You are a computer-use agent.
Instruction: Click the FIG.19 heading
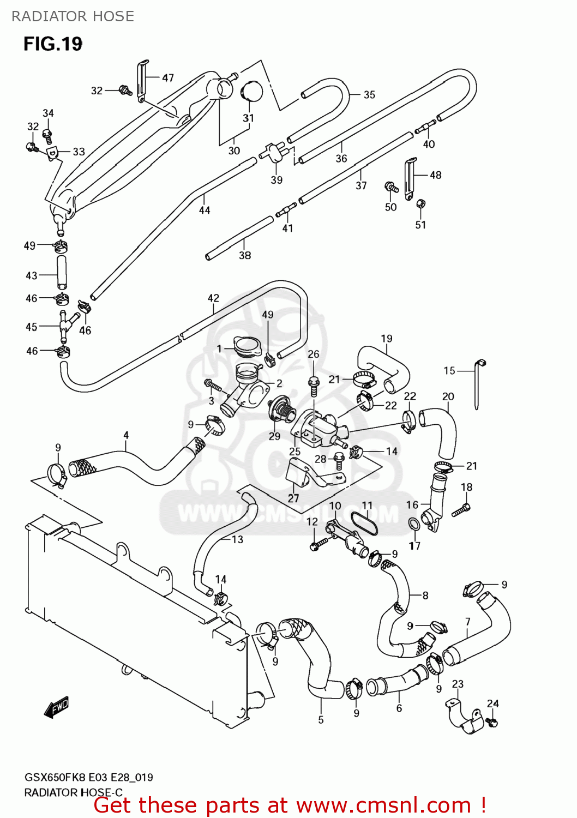tap(53, 44)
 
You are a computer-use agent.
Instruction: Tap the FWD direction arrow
tap(57, 707)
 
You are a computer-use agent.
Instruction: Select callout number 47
tap(168, 78)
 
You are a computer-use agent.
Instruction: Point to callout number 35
tap(369, 95)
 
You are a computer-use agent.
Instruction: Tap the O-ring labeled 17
tap(414, 525)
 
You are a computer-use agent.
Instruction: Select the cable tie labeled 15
tap(478, 384)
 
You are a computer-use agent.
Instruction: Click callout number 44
tap(205, 210)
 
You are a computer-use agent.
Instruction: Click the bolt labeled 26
tap(314, 385)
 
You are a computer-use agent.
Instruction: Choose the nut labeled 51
tap(420, 204)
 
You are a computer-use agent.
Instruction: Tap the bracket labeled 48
tap(409, 177)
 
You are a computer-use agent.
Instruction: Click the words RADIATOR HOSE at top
tap(73, 16)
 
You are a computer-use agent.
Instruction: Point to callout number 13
tap(237, 540)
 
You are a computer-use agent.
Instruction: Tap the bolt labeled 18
tap(460, 509)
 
